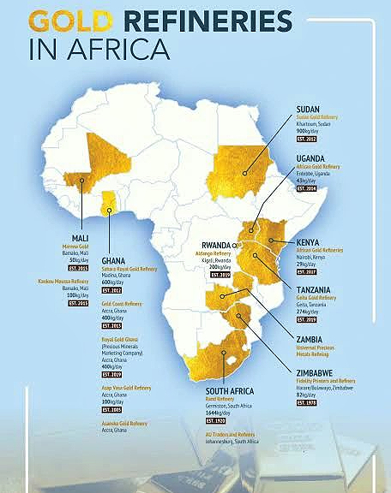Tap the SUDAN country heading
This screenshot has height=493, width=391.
click(310, 110)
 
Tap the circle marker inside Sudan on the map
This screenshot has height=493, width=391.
click(244, 172)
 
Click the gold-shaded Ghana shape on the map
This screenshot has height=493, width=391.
click(109, 202)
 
